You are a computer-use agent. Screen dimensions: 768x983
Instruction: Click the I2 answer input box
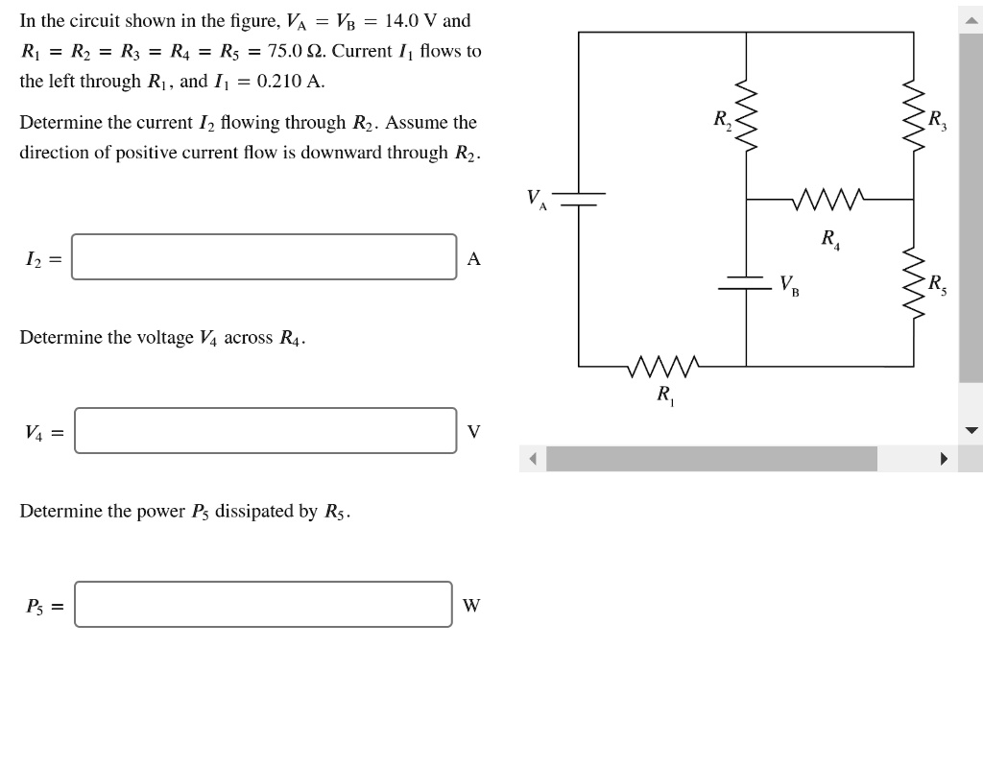[x=264, y=257]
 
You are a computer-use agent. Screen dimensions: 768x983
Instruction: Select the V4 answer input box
[x=266, y=430]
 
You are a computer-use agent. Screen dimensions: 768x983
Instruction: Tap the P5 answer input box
[x=263, y=604]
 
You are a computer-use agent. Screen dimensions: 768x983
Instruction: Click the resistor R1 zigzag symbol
[x=665, y=366]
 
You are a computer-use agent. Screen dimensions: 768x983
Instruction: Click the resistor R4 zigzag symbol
[x=829, y=200]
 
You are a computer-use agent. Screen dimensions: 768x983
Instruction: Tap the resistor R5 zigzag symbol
[x=913, y=285]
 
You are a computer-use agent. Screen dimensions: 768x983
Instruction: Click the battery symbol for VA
[x=579, y=199]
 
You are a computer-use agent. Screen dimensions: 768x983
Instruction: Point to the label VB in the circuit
[x=789, y=285]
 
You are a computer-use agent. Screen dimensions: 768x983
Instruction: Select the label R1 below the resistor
[x=665, y=394]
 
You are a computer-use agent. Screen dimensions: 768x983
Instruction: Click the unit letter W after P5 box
[x=471, y=605]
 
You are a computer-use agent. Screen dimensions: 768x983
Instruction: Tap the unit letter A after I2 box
[x=472, y=258]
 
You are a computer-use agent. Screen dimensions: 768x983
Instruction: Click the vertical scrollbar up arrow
[x=971, y=19]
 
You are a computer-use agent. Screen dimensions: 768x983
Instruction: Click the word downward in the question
[x=335, y=153]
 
